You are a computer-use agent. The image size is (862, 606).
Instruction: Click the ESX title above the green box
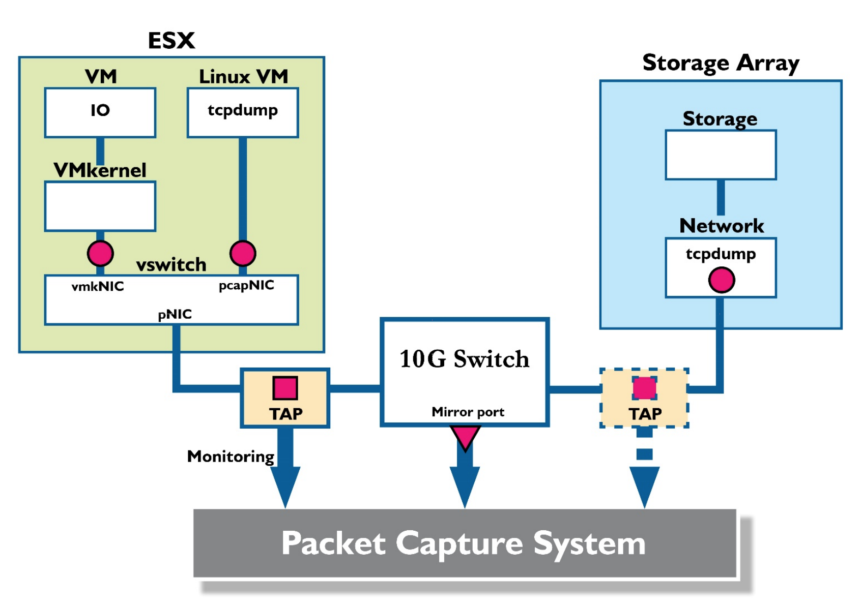[x=171, y=41]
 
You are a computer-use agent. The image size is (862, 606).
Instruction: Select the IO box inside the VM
[x=100, y=112]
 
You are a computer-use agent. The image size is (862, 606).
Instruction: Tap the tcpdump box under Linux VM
[x=243, y=112]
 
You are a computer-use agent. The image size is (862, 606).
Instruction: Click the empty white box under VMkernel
[x=100, y=206]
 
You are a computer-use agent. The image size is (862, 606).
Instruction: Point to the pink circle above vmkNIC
[x=100, y=253]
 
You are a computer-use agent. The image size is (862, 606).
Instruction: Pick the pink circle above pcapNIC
[x=243, y=253]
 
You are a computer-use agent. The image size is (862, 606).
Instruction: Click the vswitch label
[x=171, y=265]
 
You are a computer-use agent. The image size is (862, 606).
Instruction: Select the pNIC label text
[x=175, y=314]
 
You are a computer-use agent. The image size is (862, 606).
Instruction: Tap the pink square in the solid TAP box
[x=285, y=388]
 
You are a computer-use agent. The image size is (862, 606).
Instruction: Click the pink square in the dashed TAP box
[x=644, y=388]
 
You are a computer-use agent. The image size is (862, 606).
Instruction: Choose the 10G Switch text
[x=464, y=359]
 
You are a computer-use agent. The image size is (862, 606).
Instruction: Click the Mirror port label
[x=468, y=412]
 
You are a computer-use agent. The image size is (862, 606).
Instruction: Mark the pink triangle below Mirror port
[x=465, y=436]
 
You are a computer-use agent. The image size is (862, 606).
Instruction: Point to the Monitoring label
[x=231, y=456]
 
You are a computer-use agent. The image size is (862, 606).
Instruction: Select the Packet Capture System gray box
[x=464, y=543]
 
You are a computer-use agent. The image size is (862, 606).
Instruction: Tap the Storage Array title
[x=721, y=63]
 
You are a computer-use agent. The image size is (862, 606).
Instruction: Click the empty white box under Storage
[x=721, y=155]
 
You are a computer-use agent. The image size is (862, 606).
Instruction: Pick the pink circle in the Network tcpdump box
[x=721, y=280]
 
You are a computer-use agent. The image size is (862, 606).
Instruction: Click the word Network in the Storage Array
[x=721, y=226]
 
